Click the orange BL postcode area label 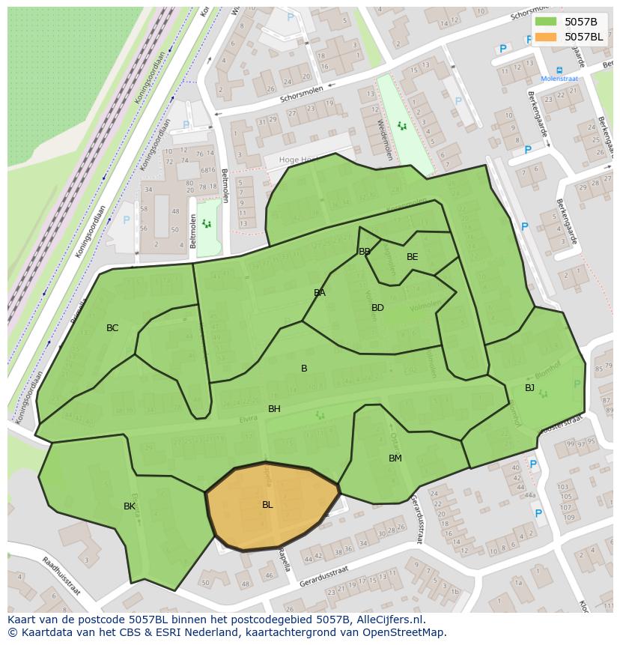tap(267, 505)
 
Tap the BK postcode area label tap(130, 506)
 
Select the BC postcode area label tap(112, 328)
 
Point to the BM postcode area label tap(395, 458)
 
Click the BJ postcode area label tap(529, 388)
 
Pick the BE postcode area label tap(412, 257)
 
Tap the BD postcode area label tap(377, 308)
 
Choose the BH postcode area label tap(274, 409)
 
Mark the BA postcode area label tap(320, 293)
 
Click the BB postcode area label tap(365, 252)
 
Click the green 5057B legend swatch tap(546, 22)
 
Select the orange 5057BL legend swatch tap(546, 37)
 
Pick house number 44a tap(530, 495)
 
